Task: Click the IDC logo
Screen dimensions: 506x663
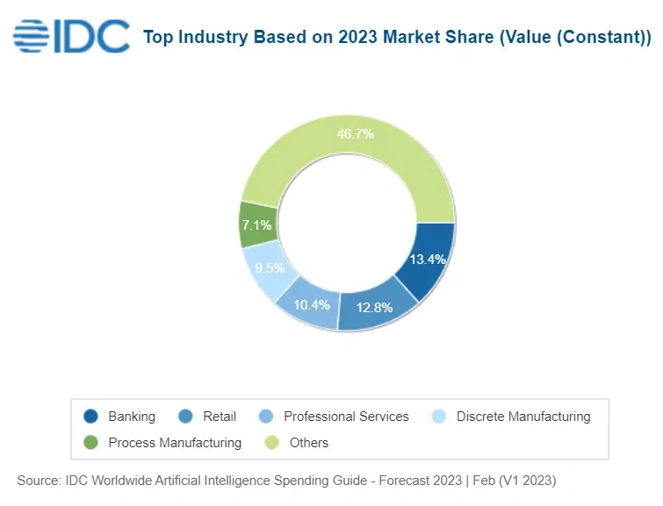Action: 70,36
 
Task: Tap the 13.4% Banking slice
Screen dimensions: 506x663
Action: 427,260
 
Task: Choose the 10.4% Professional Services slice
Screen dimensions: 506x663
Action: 312,303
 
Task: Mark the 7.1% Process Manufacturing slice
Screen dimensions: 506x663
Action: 258,225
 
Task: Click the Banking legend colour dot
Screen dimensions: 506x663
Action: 90,417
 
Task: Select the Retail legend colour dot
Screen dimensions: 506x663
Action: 185,417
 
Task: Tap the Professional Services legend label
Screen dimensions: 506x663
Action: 346,417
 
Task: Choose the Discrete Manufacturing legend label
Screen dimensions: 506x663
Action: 523,417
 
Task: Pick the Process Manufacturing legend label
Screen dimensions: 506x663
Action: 175,443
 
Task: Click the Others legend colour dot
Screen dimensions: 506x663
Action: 272,443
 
